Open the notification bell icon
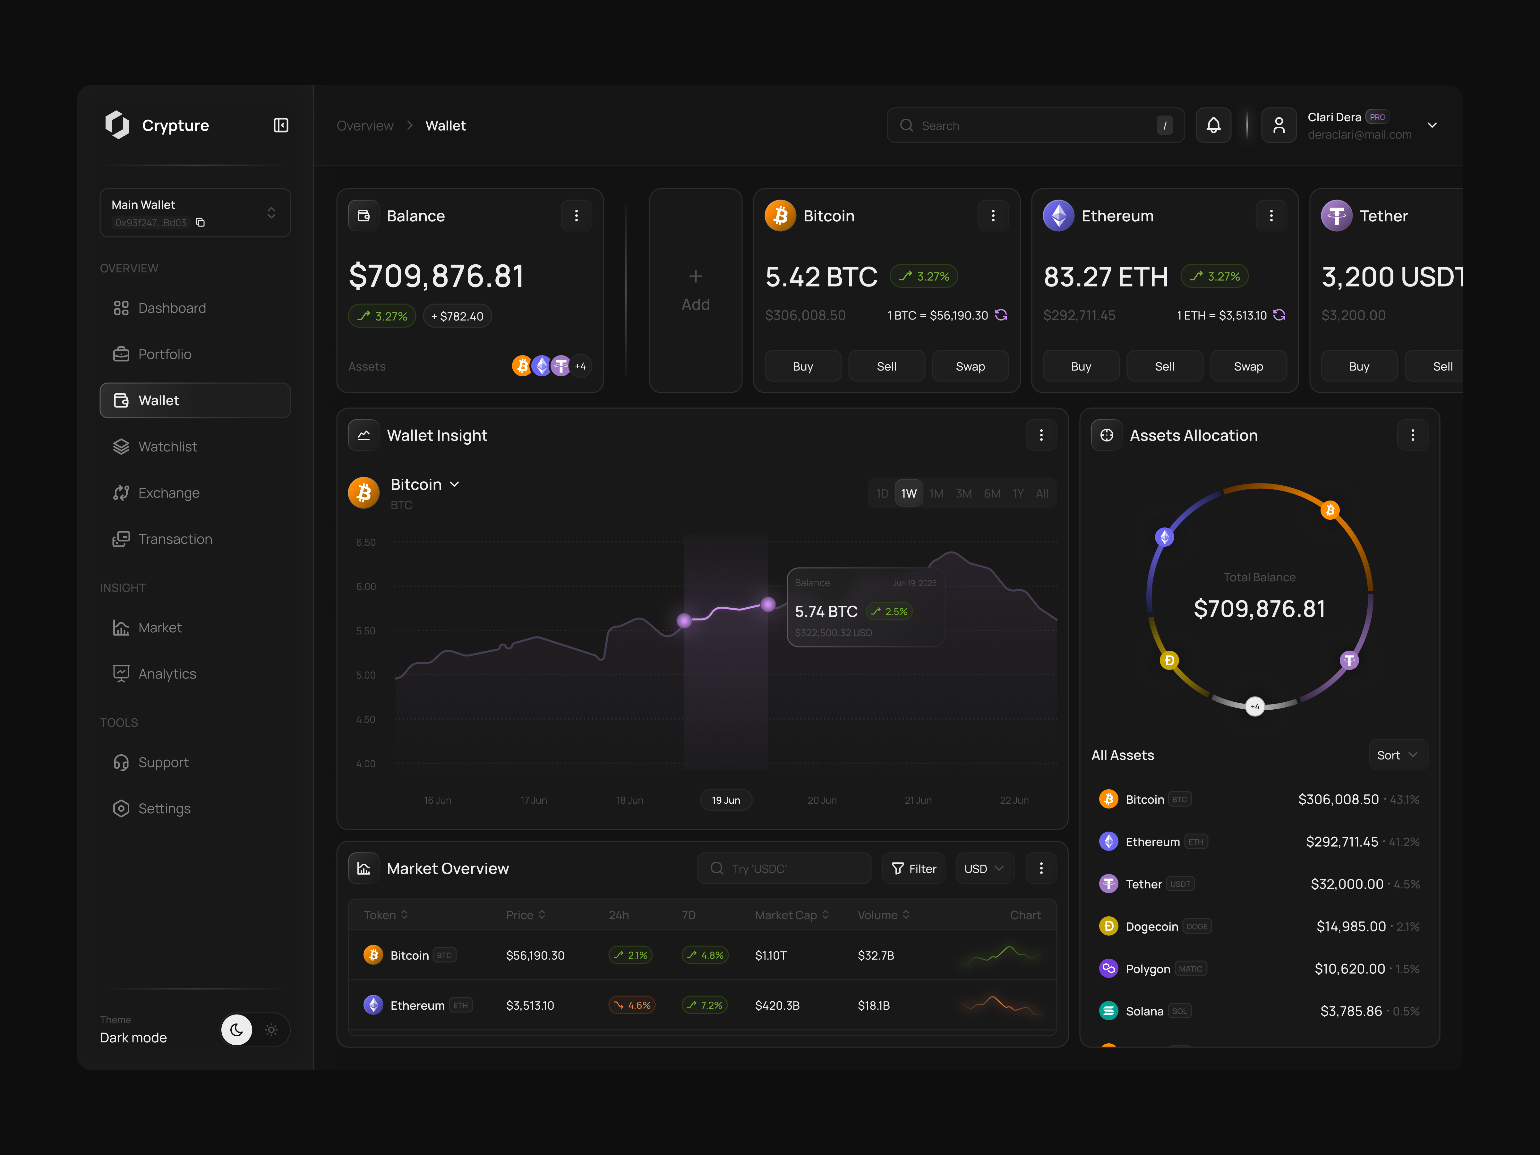click(1213, 125)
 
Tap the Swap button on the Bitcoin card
click(970, 366)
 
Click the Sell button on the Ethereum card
click(1164, 366)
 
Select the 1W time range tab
click(909, 494)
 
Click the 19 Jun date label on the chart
click(725, 800)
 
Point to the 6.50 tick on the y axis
click(365, 542)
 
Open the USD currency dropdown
click(984, 868)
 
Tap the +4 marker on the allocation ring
click(1254, 707)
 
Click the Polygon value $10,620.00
click(1349, 968)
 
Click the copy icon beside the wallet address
click(201, 223)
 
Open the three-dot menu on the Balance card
click(576, 216)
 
